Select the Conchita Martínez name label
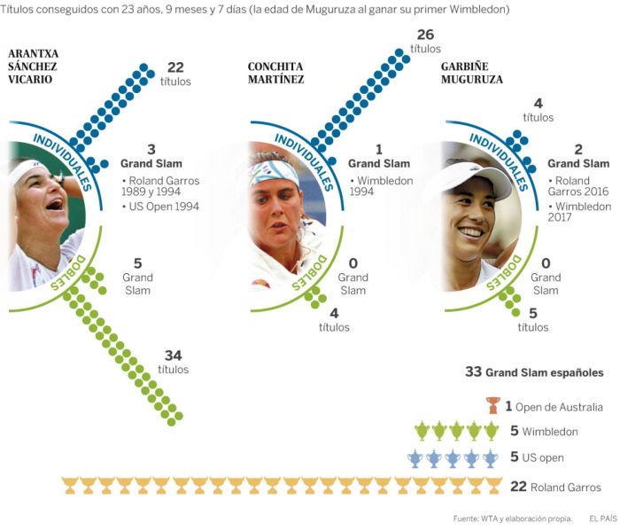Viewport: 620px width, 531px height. coord(275,73)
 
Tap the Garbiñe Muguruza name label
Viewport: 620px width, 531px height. coord(471,73)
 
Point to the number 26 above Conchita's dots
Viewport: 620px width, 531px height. coord(425,35)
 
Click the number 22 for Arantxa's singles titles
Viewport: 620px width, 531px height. coord(175,67)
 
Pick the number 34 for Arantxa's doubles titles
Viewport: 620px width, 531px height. coord(173,355)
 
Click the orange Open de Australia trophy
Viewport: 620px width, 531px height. coord(492,406)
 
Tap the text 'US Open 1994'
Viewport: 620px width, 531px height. coord(164,207)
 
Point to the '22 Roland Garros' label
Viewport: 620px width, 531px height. coord(556,487)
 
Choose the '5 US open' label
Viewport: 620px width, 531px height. coord(537,458)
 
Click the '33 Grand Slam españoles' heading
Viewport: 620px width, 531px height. coord(534,372)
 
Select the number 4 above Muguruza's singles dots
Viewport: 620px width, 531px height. coord(538,104)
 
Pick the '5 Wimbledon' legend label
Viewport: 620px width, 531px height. coord(544,432)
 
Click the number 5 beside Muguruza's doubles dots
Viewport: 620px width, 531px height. coord(532,313)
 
